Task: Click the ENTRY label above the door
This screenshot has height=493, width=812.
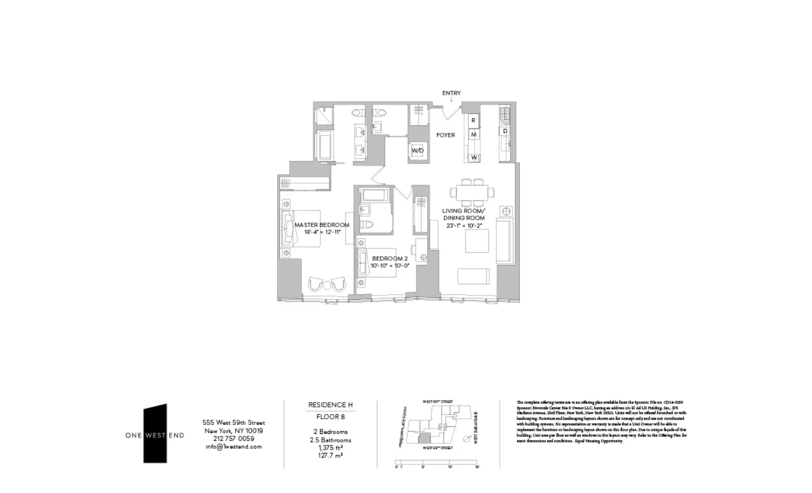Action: [451, 93]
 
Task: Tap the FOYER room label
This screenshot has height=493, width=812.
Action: [446, 135]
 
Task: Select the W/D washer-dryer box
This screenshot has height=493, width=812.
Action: [418, 150]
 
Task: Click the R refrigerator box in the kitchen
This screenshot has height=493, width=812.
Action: [473, 121]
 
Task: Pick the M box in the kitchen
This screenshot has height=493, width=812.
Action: [473, 134]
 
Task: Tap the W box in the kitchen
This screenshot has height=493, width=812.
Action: [473, 158]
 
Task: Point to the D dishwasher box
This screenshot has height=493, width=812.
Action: [505, 131]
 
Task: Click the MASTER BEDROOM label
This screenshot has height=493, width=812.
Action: [322, 225]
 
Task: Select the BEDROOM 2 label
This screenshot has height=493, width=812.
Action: [390, 259]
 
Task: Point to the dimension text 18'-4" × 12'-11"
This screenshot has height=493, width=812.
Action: [322, 232]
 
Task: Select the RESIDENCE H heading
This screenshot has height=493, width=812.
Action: [330, 405]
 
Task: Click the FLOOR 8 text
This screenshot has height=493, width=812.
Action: [330, 417]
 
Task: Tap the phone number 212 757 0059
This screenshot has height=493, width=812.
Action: [233, 439]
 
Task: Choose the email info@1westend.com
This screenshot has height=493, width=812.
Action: [233, 447]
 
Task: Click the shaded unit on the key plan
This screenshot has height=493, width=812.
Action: [422, 440]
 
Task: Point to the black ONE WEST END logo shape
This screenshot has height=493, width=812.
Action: [155, 433]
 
